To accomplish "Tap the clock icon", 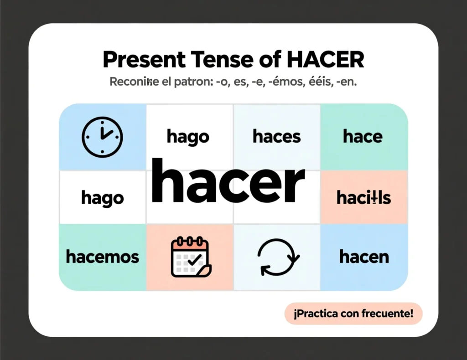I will click(102, 135).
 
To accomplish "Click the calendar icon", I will click(190, 257).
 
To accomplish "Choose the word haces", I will click(276, 136).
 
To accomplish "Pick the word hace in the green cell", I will click(363, 136).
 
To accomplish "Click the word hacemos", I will click(102, 257).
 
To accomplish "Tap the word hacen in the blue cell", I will click(364, 257).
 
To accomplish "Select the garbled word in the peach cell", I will click(363, 198).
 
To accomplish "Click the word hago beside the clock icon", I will click(188, 136).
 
